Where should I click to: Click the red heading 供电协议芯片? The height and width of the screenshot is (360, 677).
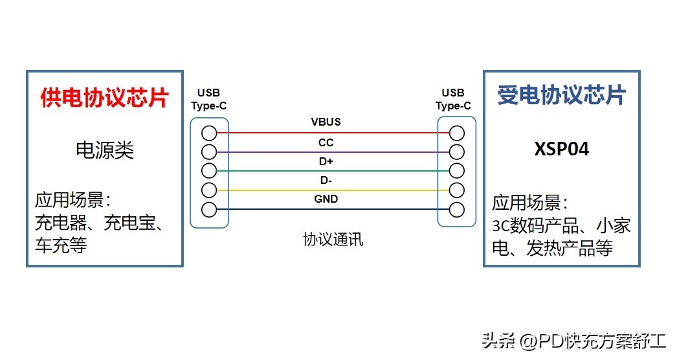(x=104, y=98)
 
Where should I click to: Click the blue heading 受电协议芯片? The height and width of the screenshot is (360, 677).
(x=561, y=95)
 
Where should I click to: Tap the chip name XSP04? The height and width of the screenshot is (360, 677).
(x=562, y=150)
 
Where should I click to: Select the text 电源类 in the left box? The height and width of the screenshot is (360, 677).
(x=105, y=151)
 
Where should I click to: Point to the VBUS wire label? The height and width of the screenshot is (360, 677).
(x=326, y=122)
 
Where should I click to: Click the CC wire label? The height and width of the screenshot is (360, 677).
(x=326, y=142)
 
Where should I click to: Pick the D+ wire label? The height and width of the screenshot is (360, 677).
(x=326, y=161)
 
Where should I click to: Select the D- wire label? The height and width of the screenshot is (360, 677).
(x=326, y=180)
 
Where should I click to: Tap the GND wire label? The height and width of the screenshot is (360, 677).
(x=326, y=199)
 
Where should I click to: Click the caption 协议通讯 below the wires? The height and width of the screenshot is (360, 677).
(x=333, y=240)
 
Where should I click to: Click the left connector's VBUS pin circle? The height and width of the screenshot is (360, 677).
(x=208, y=133)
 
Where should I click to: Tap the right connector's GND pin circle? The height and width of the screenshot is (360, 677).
(x=458, y=209)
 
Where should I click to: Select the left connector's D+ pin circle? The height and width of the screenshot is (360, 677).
(x=208, y=171)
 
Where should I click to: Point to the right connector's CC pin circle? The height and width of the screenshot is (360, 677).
(x=458, y=152)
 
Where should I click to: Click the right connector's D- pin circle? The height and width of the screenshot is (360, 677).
(x=458, y=190)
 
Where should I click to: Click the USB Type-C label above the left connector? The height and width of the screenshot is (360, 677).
(x=208, y=100)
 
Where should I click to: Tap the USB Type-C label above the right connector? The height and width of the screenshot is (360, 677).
(x=453, y=100)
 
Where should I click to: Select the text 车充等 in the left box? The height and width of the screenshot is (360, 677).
(x=61, y=246)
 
